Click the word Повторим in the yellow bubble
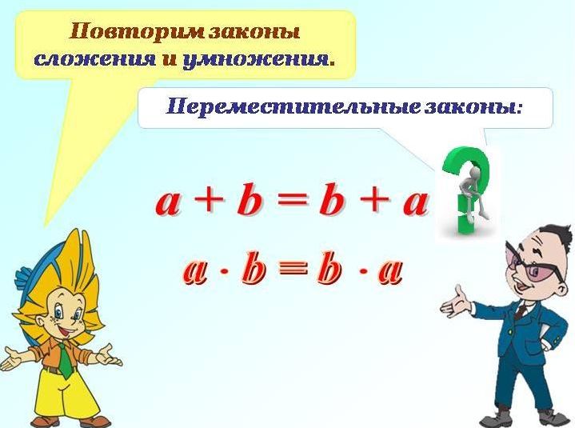137,32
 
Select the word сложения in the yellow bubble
94,60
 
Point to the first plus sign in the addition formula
209,201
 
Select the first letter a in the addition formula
168,203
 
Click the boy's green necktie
66,362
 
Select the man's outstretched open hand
455,306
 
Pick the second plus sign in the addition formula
374,201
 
